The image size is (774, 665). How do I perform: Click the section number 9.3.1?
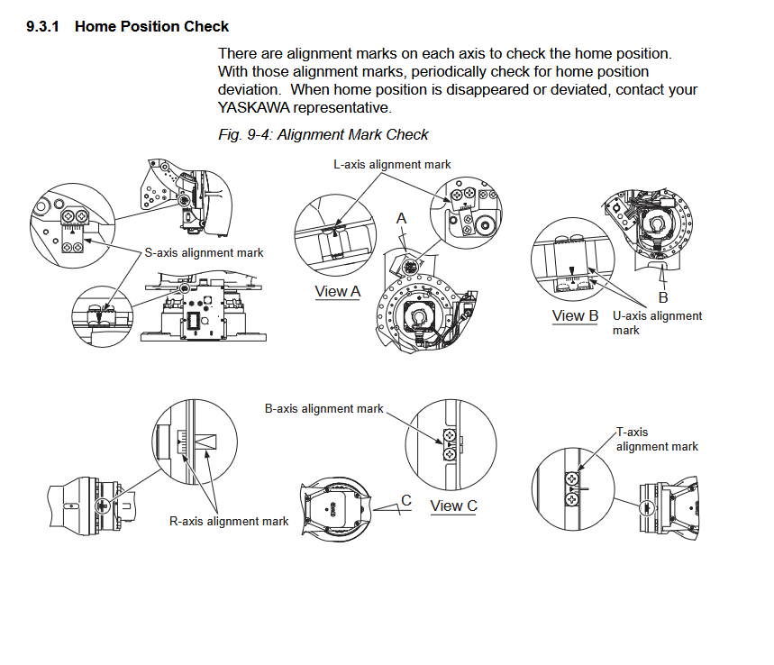point(43,27)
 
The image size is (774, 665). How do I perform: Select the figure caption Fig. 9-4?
point(323,135)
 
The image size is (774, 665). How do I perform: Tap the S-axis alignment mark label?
point(204,253)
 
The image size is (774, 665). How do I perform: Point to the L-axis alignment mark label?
point(392,165)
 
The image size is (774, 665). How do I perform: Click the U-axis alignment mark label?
point(657,323)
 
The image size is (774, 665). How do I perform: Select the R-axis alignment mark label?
point(229,521)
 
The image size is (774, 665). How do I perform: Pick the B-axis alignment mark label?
point(323,409)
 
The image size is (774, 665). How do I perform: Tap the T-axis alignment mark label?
point(657,440)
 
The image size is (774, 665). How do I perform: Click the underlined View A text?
point(338,291)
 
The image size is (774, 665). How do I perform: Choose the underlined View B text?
point(575,315)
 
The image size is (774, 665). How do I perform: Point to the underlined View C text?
point(453,506)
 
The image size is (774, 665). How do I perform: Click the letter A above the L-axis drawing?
point(402,219)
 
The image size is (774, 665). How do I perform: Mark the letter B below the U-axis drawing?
point(663,296)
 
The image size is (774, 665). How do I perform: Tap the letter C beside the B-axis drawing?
point(406,501)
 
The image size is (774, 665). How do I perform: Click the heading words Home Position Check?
point(151,27)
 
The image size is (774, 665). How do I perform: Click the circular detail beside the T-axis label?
point(573,487)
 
